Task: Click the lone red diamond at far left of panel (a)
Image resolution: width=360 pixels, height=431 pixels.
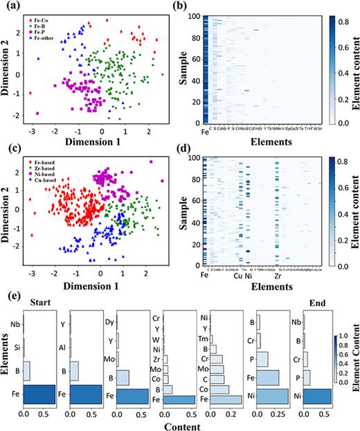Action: (30, 92)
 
